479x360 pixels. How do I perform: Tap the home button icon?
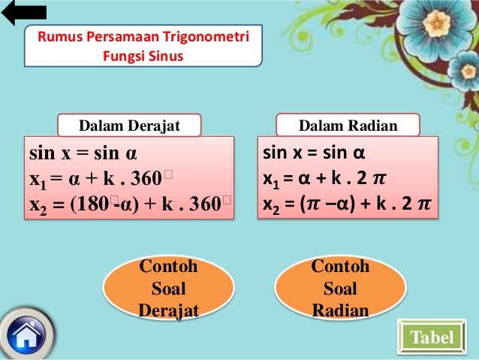pos(27,334)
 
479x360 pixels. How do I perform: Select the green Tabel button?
pos(432,337)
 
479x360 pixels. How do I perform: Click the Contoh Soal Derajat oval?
pos(168,289)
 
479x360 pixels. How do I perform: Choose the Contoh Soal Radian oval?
pos(340,289)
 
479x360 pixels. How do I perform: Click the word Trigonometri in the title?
pos(212,38)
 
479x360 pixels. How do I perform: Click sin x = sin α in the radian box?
pos(314,155)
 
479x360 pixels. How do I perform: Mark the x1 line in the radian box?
pos(324,180)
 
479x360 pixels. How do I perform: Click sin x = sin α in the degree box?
pos(83,156)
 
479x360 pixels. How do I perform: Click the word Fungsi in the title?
pos(123,55)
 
